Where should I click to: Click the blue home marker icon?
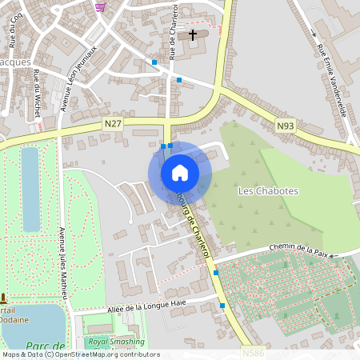point(179,173)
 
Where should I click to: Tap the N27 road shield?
point(113,123)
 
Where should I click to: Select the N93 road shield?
point(286,126)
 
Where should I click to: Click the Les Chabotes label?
point(268,191)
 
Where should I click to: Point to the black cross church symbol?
point(194,35)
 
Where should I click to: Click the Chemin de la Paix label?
point(299,250)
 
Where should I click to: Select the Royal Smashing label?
point(116,340)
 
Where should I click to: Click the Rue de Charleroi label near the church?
point(173,32)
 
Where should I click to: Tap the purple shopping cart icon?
point(100,6)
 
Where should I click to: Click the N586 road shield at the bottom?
point(251,351)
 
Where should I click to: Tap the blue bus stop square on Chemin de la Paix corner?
point(216,273)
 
